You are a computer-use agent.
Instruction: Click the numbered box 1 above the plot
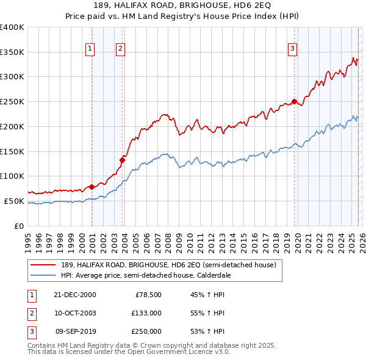(x=90, y=49)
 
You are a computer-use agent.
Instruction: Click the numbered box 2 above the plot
(x=121, y=49)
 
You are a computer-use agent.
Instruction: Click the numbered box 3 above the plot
(x=292, y=49)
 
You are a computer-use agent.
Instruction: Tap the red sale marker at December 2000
(x=92, y=187)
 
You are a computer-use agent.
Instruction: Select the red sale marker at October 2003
(x=122, y=160)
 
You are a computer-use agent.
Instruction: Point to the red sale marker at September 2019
(x=294, y=102)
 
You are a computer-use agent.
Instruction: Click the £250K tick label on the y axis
(x=12, y=102)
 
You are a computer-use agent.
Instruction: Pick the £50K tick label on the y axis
(x=15, y=201)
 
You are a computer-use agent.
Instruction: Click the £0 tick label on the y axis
(x=20, y=226)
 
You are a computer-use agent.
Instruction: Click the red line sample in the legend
(x=44, y=265)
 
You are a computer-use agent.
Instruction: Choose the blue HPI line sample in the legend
(x=44, y=275)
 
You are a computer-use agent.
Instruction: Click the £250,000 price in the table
(x=146, y=331)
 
